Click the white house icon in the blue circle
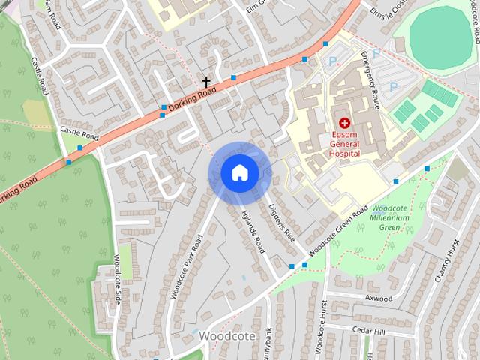239,173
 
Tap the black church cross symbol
206,80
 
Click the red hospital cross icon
344,122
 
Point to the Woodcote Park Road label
187,267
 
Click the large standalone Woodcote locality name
229,336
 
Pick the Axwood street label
378,298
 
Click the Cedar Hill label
369,331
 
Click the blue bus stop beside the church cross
234,77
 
